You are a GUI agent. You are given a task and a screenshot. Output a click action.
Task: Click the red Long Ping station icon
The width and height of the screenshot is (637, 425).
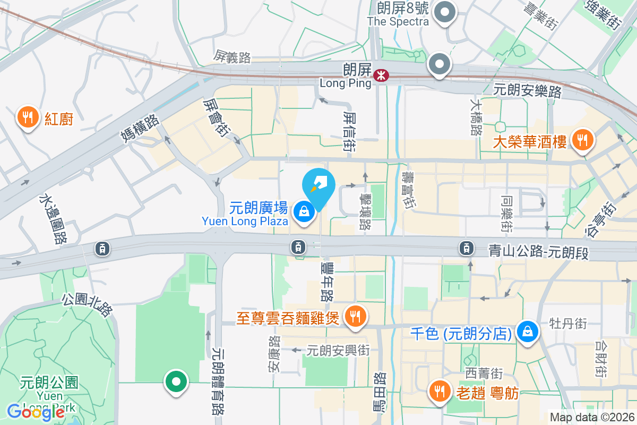pyautogui.click(x=380, y=75)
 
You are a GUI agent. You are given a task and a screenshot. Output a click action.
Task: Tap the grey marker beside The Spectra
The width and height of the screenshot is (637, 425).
pyautogui.click(x=445, y=12)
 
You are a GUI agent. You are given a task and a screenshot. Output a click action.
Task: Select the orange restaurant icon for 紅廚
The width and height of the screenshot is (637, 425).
pyautogui.click(x=27, y=116)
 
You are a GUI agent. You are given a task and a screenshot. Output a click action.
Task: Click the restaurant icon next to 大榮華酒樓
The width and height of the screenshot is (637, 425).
pyautogui.click(x=583, y=140)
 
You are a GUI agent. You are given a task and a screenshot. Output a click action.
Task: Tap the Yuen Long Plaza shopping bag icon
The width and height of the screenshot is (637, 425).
pyautogui.click(x=304, y=212)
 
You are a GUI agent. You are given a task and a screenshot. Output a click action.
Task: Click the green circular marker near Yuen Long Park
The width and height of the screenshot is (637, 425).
pyautogui.click(x=176, y=381)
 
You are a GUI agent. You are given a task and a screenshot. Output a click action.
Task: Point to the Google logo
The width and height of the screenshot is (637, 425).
pyautogui.click(x=36, y=412)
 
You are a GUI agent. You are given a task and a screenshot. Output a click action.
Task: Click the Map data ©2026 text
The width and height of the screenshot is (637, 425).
pyautogui.click(x=592, y=417)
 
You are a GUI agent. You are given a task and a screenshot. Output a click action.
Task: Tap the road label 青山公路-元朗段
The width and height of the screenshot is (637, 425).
pyautogui.click(x=538, y=252)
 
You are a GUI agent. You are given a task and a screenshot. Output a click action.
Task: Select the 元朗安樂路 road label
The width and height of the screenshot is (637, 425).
pyautogui.click(x=527, y=91)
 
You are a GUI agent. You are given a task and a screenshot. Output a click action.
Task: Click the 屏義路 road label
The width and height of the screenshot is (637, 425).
pyautogui.click(x=233, y=57)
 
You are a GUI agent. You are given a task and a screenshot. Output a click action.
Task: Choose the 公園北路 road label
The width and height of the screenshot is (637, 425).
pyautogui.click(x=88, y=304)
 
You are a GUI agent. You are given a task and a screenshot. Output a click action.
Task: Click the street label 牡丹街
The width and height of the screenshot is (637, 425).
pyautogui.click(x=568, y=323)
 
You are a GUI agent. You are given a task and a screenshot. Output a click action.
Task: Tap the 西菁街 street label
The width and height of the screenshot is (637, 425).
pyautogui.click(x=483, y=373)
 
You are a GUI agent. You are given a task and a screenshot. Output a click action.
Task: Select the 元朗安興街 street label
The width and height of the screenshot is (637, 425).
pyautogui.click(x=338, y=350)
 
